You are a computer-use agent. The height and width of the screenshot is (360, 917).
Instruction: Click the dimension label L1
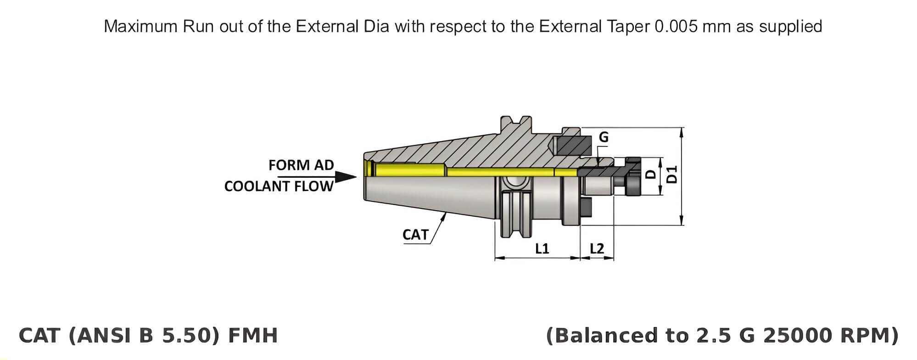coord(542,248)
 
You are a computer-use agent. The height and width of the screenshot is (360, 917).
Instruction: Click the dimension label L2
coord(597,248)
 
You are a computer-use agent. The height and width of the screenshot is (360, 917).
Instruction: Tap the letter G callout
coord(604,137)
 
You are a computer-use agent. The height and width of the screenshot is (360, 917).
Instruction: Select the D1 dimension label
coord(672,175)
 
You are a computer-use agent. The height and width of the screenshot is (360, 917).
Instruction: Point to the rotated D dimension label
coord(650,174)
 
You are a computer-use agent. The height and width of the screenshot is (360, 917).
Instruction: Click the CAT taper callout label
coord(415,235)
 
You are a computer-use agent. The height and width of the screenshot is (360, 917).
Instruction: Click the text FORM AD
coord(301,165)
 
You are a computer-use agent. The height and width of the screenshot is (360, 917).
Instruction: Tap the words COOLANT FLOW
coord(279,186)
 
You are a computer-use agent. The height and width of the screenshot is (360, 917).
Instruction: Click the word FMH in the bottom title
coord(253,336)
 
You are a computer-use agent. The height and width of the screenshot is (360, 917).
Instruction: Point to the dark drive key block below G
coord(573,146)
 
